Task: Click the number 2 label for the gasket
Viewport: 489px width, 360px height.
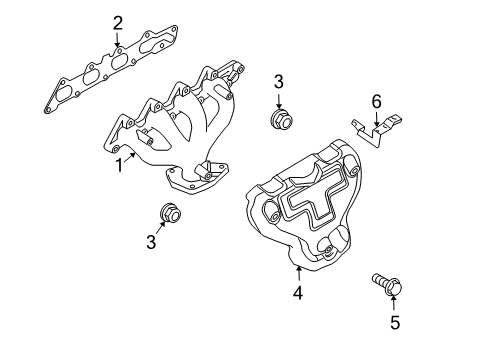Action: pyautogui.click(x=118, y=23)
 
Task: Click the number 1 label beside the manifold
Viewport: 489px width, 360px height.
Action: pyautogui.click(x=118, y=165)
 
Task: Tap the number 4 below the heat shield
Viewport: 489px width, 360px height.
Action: pyautogui.click(x=297, y=293)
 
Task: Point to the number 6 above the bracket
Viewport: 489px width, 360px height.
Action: pyautogui.click(x=376, y=101)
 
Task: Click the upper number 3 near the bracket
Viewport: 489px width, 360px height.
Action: pyautogui.click(x=280, y=82)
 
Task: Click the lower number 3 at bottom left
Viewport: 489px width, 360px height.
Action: pyautogui.click(x=151, y=242)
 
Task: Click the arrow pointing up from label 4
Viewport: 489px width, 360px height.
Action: pyautogui.click(x=297, y=274)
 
